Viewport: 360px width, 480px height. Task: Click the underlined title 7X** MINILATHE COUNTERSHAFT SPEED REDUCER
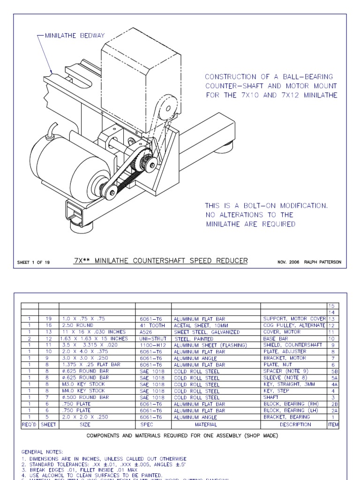tap(160, 261)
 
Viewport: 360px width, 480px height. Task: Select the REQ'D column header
tap(30, 424)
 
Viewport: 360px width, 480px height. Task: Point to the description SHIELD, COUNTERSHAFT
tap(293, 345)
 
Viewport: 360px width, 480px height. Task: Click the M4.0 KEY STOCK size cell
tap(83, 390)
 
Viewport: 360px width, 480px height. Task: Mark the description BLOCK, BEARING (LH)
tap(290, 410)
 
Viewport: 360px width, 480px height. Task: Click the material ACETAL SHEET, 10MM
tap(202, 325)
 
